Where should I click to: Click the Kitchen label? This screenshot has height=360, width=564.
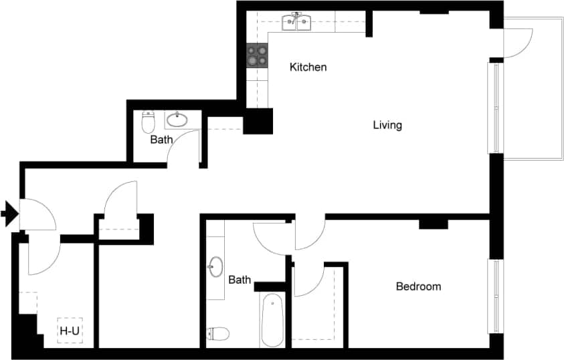click(x=308, y=67)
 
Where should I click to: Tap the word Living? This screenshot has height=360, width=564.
click(x=387, y=124)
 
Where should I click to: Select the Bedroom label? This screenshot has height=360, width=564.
click(x=418, y=286)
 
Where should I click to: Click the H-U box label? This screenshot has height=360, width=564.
click(x=68, y=330)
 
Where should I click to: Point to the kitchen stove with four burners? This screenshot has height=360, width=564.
click(x=257, y=55)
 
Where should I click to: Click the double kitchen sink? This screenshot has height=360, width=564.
click(x=297, y=23)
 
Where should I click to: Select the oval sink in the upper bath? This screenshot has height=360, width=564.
click(x=177, y=120)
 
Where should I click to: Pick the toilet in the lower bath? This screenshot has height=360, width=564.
click(x=219, y=333)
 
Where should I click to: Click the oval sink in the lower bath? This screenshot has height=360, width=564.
click(x=215, y=266)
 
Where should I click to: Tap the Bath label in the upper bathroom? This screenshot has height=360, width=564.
click(x=161, y=140)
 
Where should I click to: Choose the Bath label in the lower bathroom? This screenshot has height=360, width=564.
click(x=240, y=280)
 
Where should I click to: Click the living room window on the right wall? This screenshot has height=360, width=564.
click(x=496, y=108)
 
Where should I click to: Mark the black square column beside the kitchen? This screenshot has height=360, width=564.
click(x=258, y=120)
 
